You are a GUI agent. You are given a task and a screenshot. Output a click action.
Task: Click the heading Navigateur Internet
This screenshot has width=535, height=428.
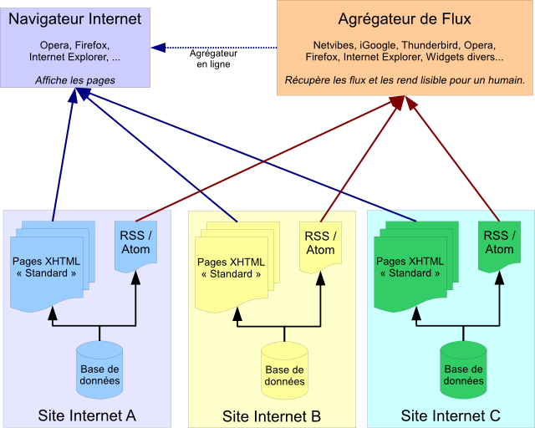click(x=74, y=19)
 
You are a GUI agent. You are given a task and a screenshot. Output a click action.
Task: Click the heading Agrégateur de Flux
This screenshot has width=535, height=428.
click(x=405, y=19)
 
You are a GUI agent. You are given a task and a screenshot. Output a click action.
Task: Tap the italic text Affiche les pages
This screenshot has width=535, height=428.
click(x=75, y=80)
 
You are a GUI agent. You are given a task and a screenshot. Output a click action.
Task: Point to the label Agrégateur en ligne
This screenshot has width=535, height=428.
click(x=214, y=59)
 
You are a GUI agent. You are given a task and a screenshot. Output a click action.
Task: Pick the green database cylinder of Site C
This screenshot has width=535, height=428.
click(x=463, y=369)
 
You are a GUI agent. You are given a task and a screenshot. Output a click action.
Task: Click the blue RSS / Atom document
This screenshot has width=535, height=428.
click(x=135, y=243)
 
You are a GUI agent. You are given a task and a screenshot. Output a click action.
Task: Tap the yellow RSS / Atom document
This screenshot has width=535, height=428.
click(x=320, y=243)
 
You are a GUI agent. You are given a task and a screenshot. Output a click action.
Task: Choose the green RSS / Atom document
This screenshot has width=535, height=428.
click(x=499, y=243)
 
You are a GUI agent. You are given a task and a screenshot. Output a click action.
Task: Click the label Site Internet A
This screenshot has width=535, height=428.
click(x=87, y=415)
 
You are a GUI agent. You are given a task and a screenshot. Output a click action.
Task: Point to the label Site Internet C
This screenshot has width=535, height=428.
click(x=451, y=415)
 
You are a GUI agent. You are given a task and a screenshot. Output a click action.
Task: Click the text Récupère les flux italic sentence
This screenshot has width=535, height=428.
click(x=405, y=81)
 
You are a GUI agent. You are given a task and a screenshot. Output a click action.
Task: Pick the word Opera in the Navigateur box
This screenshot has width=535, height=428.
click(x=54, y=45)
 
